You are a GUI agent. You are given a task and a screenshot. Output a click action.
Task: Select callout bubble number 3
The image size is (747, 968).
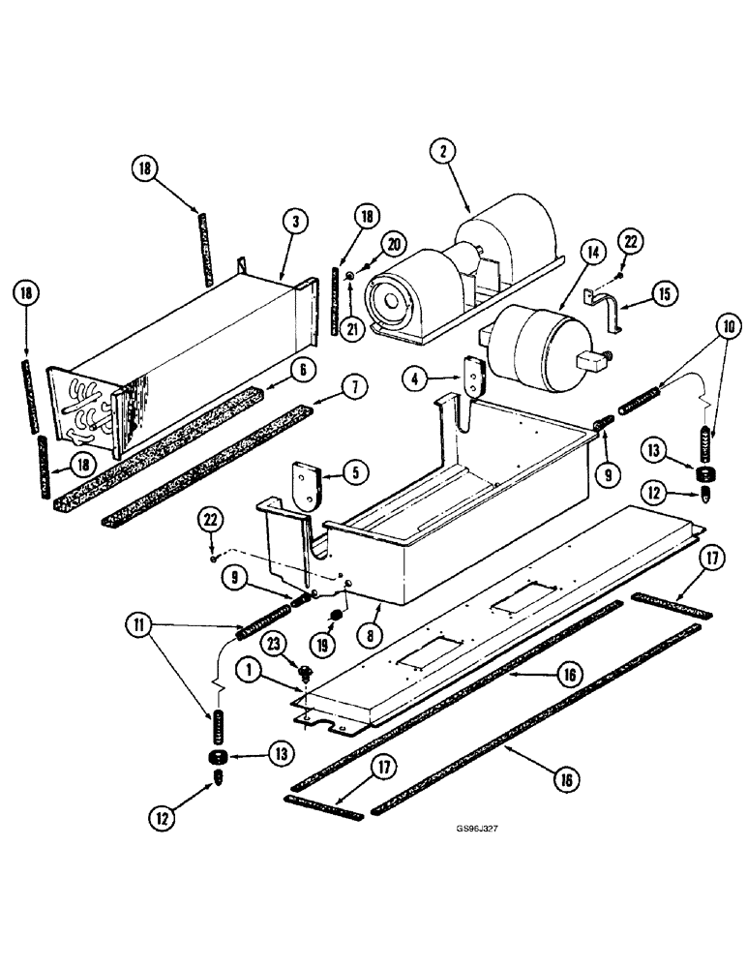pyautogui.click(x=296, y=222)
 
